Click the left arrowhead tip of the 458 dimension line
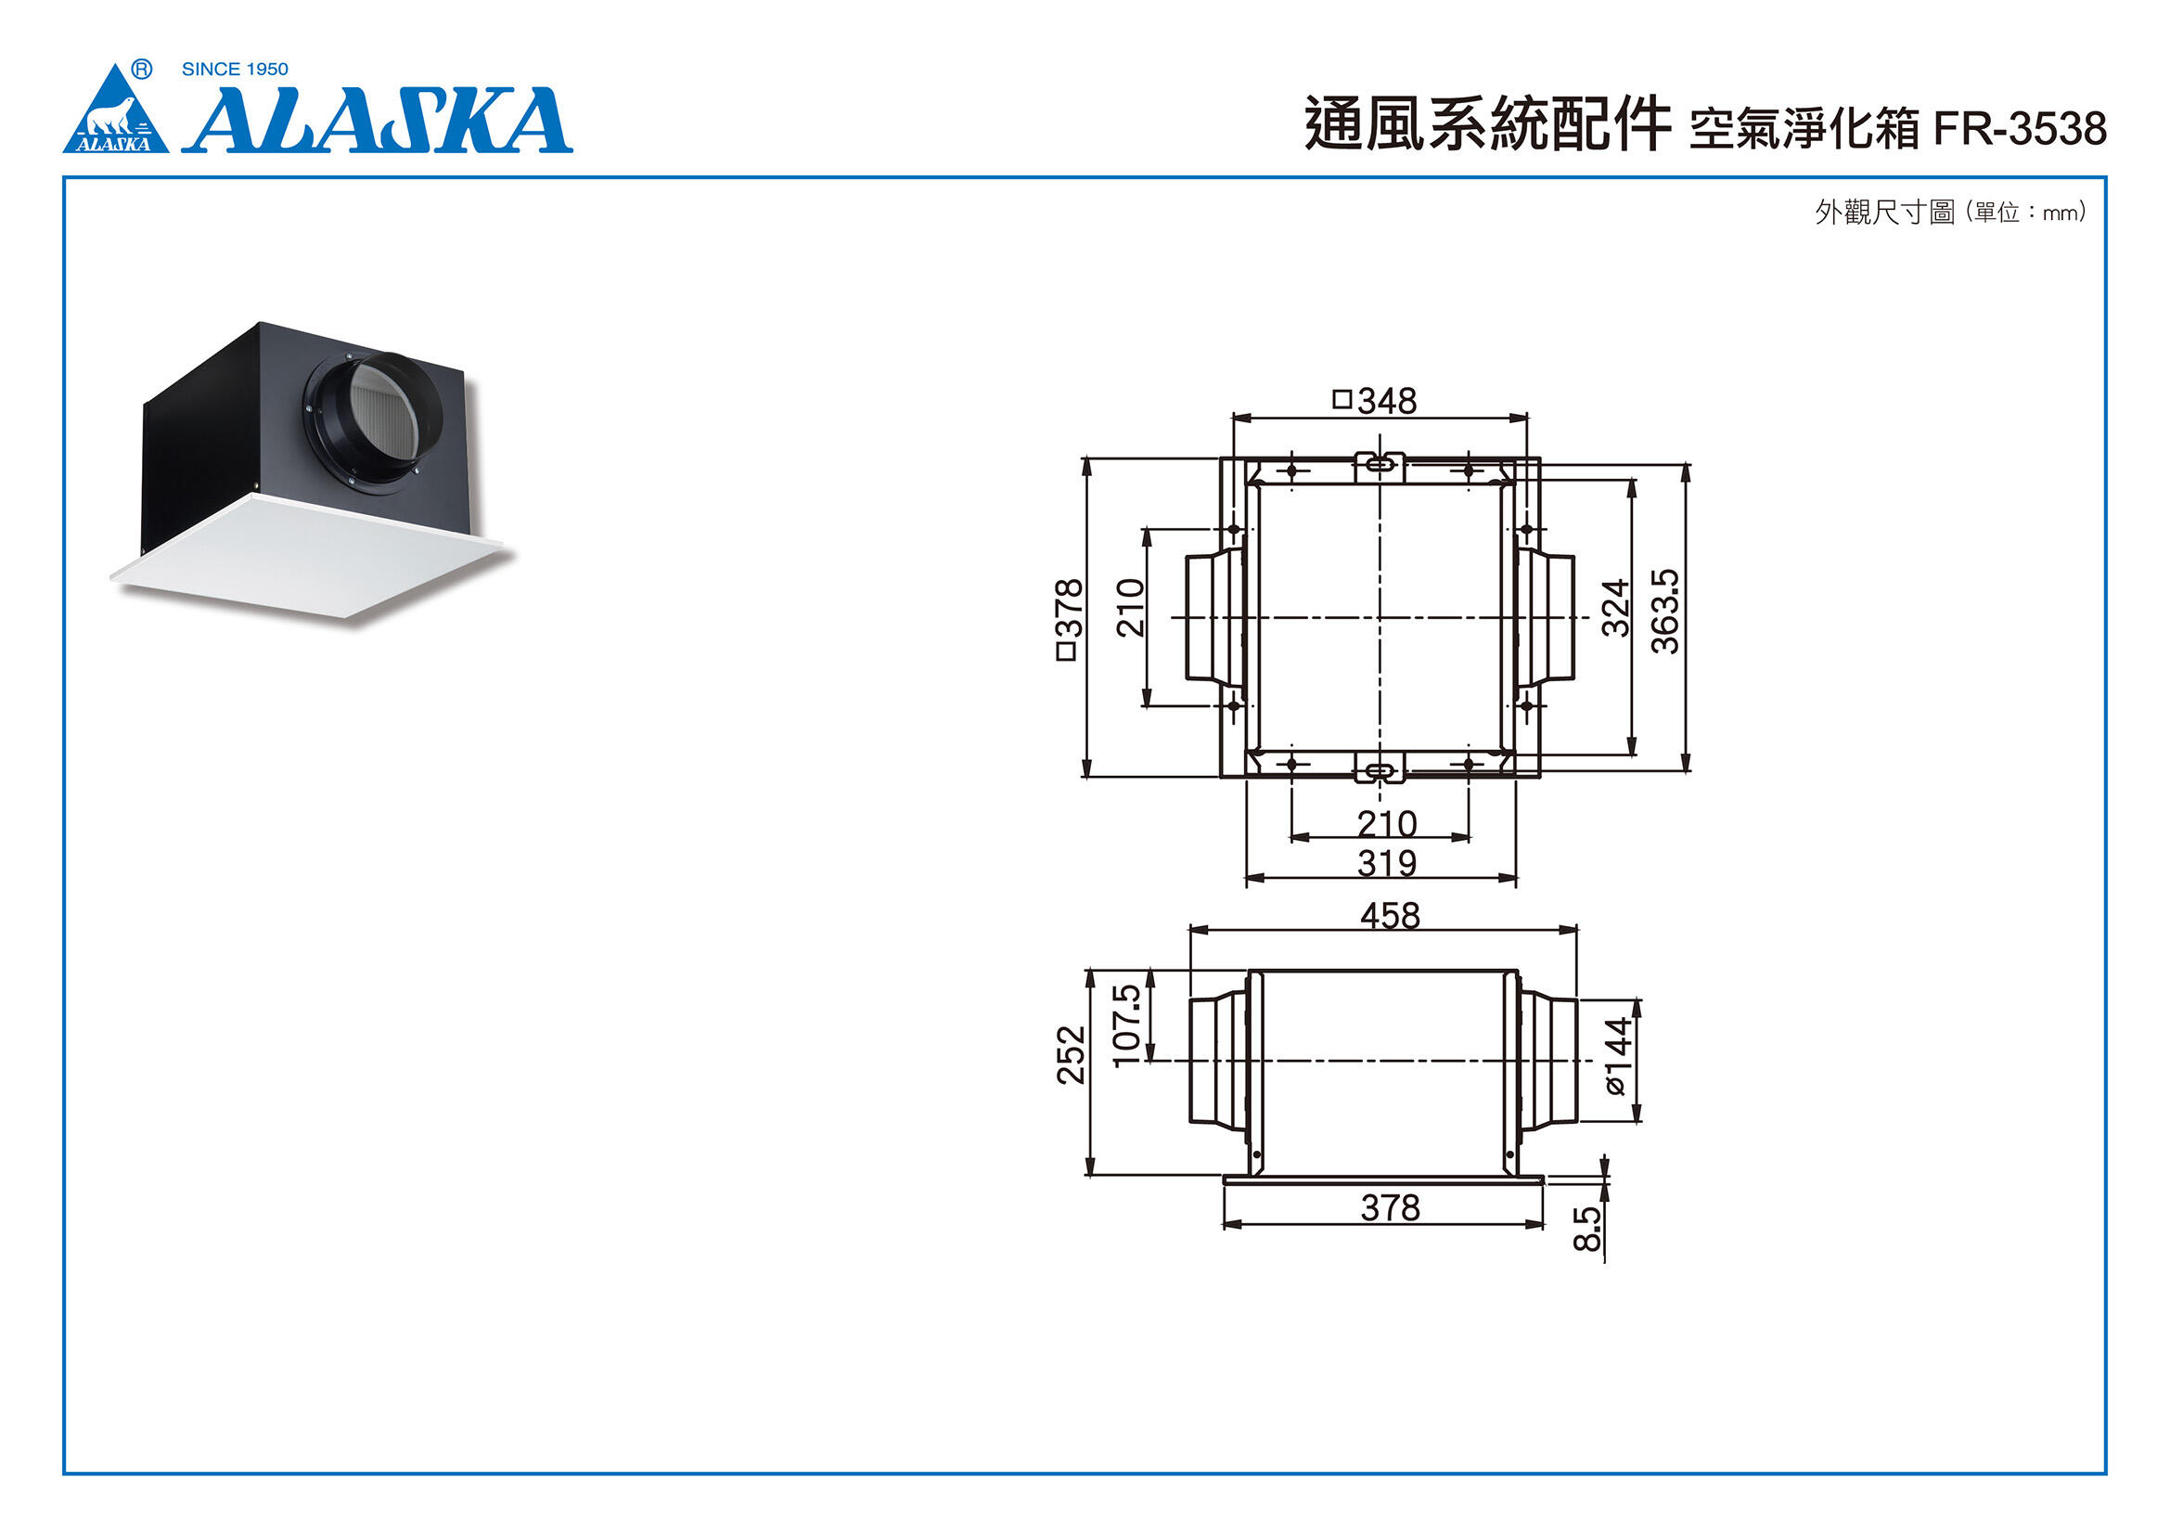coord(1190,930)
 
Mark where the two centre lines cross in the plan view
coord(1380,618)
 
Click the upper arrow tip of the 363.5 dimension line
coord(1685,465)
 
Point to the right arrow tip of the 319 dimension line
coord(1516,878)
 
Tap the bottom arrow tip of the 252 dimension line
coord(1090,1176)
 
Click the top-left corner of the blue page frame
coord(64,176)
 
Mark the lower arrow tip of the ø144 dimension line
coord(1636,1122)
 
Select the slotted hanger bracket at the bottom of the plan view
coord(1380,768)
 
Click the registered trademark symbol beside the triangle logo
coord(141,69)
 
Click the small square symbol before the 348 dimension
coord(1342,399)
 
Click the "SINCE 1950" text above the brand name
coord(235,69)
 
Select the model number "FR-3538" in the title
coord(2020,129)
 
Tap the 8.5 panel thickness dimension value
coord(1587,1229)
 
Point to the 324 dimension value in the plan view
coord(1616,608)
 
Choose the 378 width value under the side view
coord(1391,1208)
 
